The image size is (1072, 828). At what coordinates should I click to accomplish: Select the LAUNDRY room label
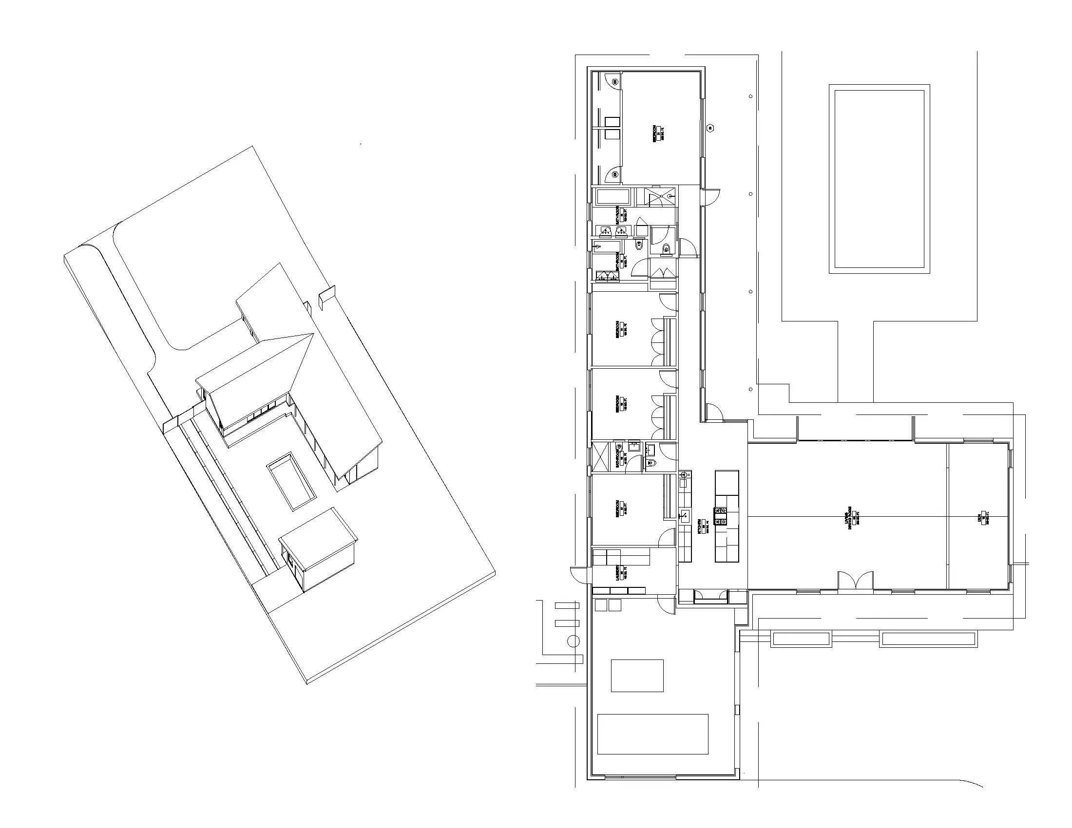coord(622,572)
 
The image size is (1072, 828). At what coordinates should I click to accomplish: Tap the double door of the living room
coord(855,580)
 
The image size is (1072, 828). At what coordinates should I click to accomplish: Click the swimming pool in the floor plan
coord(879,179)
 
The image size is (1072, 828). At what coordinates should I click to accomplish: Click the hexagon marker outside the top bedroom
coord(710,129)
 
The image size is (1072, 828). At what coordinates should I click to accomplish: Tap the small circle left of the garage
coord(573,640)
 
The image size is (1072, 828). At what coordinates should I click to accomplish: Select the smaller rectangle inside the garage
coord(637,676)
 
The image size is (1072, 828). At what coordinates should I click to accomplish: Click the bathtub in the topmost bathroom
coord(613,198)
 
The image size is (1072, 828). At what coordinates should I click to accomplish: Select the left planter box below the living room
coord(801,639)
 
